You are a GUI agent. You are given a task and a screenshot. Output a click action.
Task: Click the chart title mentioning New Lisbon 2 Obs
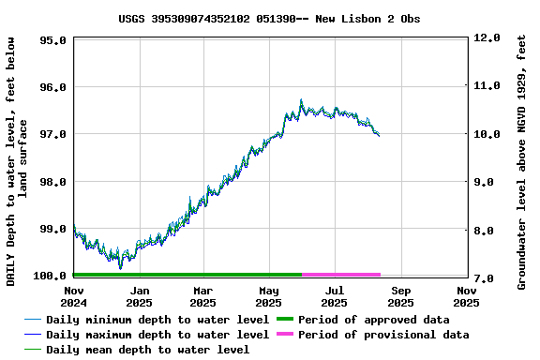pyautogui.click(x=269, y=18)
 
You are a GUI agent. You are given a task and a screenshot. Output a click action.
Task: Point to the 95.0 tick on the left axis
pyautogui.click(x=52, y=40)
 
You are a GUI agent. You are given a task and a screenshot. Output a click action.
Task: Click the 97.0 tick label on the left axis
pyautogui.click(x=52, y=134)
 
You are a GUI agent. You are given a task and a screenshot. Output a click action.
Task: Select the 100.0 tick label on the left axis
pyautogui.click(x=50, y=276)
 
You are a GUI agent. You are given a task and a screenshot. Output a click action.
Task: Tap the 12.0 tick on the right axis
pyautogui.click(x=488, y=38)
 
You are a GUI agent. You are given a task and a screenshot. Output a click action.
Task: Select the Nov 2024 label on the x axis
pyautogui.click(x=73, y=296)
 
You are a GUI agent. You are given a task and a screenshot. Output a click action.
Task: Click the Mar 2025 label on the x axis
pyautogui.click(x=203, y=296)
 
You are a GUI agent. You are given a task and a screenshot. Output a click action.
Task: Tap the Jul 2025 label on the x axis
pyautogui.click(x=335, y=296)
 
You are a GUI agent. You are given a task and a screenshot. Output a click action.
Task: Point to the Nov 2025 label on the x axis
pyautogui.click(x=466, y=296)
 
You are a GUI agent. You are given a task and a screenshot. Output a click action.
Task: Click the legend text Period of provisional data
pyautogui.click(x=383, y=335)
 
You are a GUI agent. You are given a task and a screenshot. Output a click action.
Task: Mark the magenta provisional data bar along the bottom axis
pyautogui.click(x=341, y=275)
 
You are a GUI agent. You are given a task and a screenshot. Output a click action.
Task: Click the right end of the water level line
pyautogui.click(x=379, y=136)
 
